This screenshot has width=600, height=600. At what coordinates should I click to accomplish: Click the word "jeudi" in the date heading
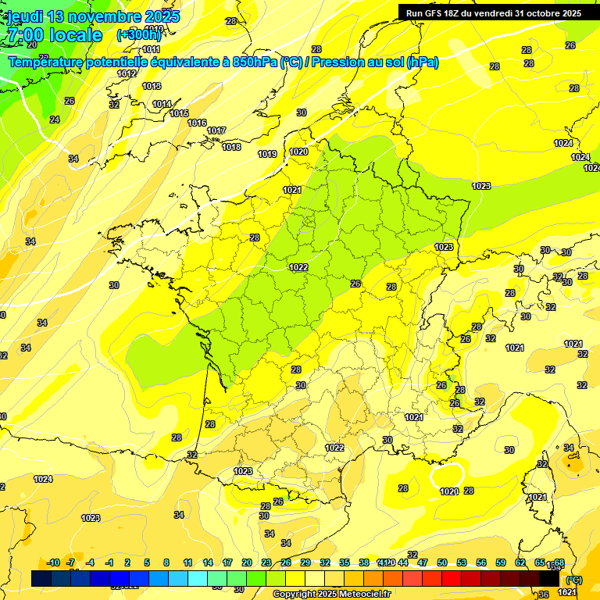pos(26,16)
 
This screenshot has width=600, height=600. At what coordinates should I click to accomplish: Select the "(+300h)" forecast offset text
pos(140,35)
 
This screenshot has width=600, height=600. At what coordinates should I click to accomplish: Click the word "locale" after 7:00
pos(75,35)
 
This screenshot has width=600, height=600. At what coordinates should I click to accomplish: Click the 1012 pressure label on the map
pos(127,73)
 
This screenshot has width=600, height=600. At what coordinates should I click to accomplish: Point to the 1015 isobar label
pos(179,114)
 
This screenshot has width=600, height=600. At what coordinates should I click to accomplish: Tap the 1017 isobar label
pos(216,130)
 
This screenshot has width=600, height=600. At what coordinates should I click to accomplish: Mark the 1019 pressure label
pos(267,154)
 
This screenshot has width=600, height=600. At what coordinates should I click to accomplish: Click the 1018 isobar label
pos(231,147)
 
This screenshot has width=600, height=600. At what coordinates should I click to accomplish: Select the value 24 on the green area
pos(54,120)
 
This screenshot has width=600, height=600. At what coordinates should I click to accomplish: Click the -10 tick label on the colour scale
pos(53,562)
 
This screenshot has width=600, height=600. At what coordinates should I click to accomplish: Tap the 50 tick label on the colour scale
pos(442,562)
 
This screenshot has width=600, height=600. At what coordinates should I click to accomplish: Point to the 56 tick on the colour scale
pos(481,562)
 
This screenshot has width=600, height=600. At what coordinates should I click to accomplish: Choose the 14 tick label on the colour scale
pos(208,562)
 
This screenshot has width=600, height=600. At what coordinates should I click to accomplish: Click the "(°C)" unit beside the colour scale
pos(573,580)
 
